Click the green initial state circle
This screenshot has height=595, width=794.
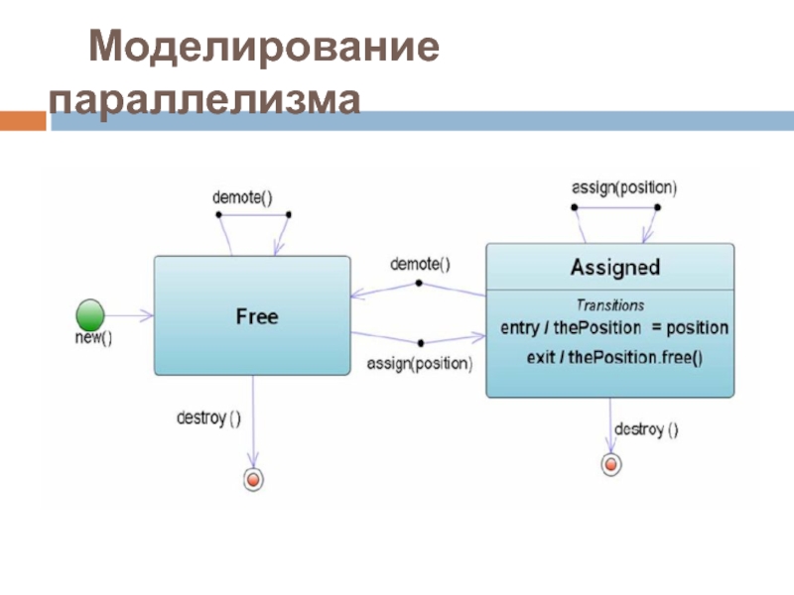click(x=90, y=314)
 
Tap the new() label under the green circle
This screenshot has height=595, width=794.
click(x=93, y=337)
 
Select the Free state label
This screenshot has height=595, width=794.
click(x=257, y=316)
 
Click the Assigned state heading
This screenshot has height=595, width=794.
click(x=615, y=267)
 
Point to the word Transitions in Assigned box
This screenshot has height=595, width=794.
click(x=610, y=305)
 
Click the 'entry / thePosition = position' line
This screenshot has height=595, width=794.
click(x=614, y=328)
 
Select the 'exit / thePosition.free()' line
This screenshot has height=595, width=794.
click(x=614, y=358)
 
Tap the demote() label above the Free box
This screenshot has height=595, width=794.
click(x=242, y=197)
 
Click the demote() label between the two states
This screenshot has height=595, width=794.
click(x=420, y=264)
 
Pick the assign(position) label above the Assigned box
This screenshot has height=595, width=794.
click(x=624, y=187)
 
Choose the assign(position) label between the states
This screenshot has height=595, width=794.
click(x=420, y=364)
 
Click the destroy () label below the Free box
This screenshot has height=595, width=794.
click(x=208, y=418)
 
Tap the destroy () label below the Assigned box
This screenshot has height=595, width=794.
click(x=647, y=430)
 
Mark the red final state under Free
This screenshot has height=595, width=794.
click(x=254, y=479)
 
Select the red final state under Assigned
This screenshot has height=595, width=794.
click(x=611, y=464)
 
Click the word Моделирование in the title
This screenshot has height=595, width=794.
click(x=264, y=47)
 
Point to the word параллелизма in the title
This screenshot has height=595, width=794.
click(x=204, y=99)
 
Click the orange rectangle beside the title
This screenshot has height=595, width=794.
click(x=23, y=121)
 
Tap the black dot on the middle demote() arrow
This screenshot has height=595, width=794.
click(x=419, y=284)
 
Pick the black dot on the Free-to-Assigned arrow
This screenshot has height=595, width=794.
click(x=421, y=343)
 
